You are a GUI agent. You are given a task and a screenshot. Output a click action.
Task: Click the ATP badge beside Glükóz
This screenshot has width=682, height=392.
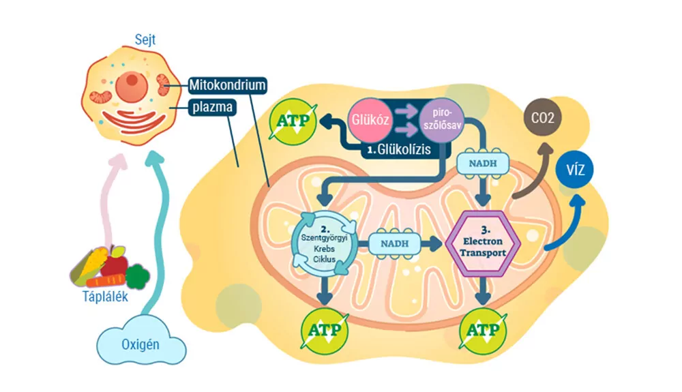coord(293,122)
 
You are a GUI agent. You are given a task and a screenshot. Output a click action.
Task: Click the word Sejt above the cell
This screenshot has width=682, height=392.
coord(145,40)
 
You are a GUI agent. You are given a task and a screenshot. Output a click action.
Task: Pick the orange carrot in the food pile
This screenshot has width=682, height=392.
coord(106,280)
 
